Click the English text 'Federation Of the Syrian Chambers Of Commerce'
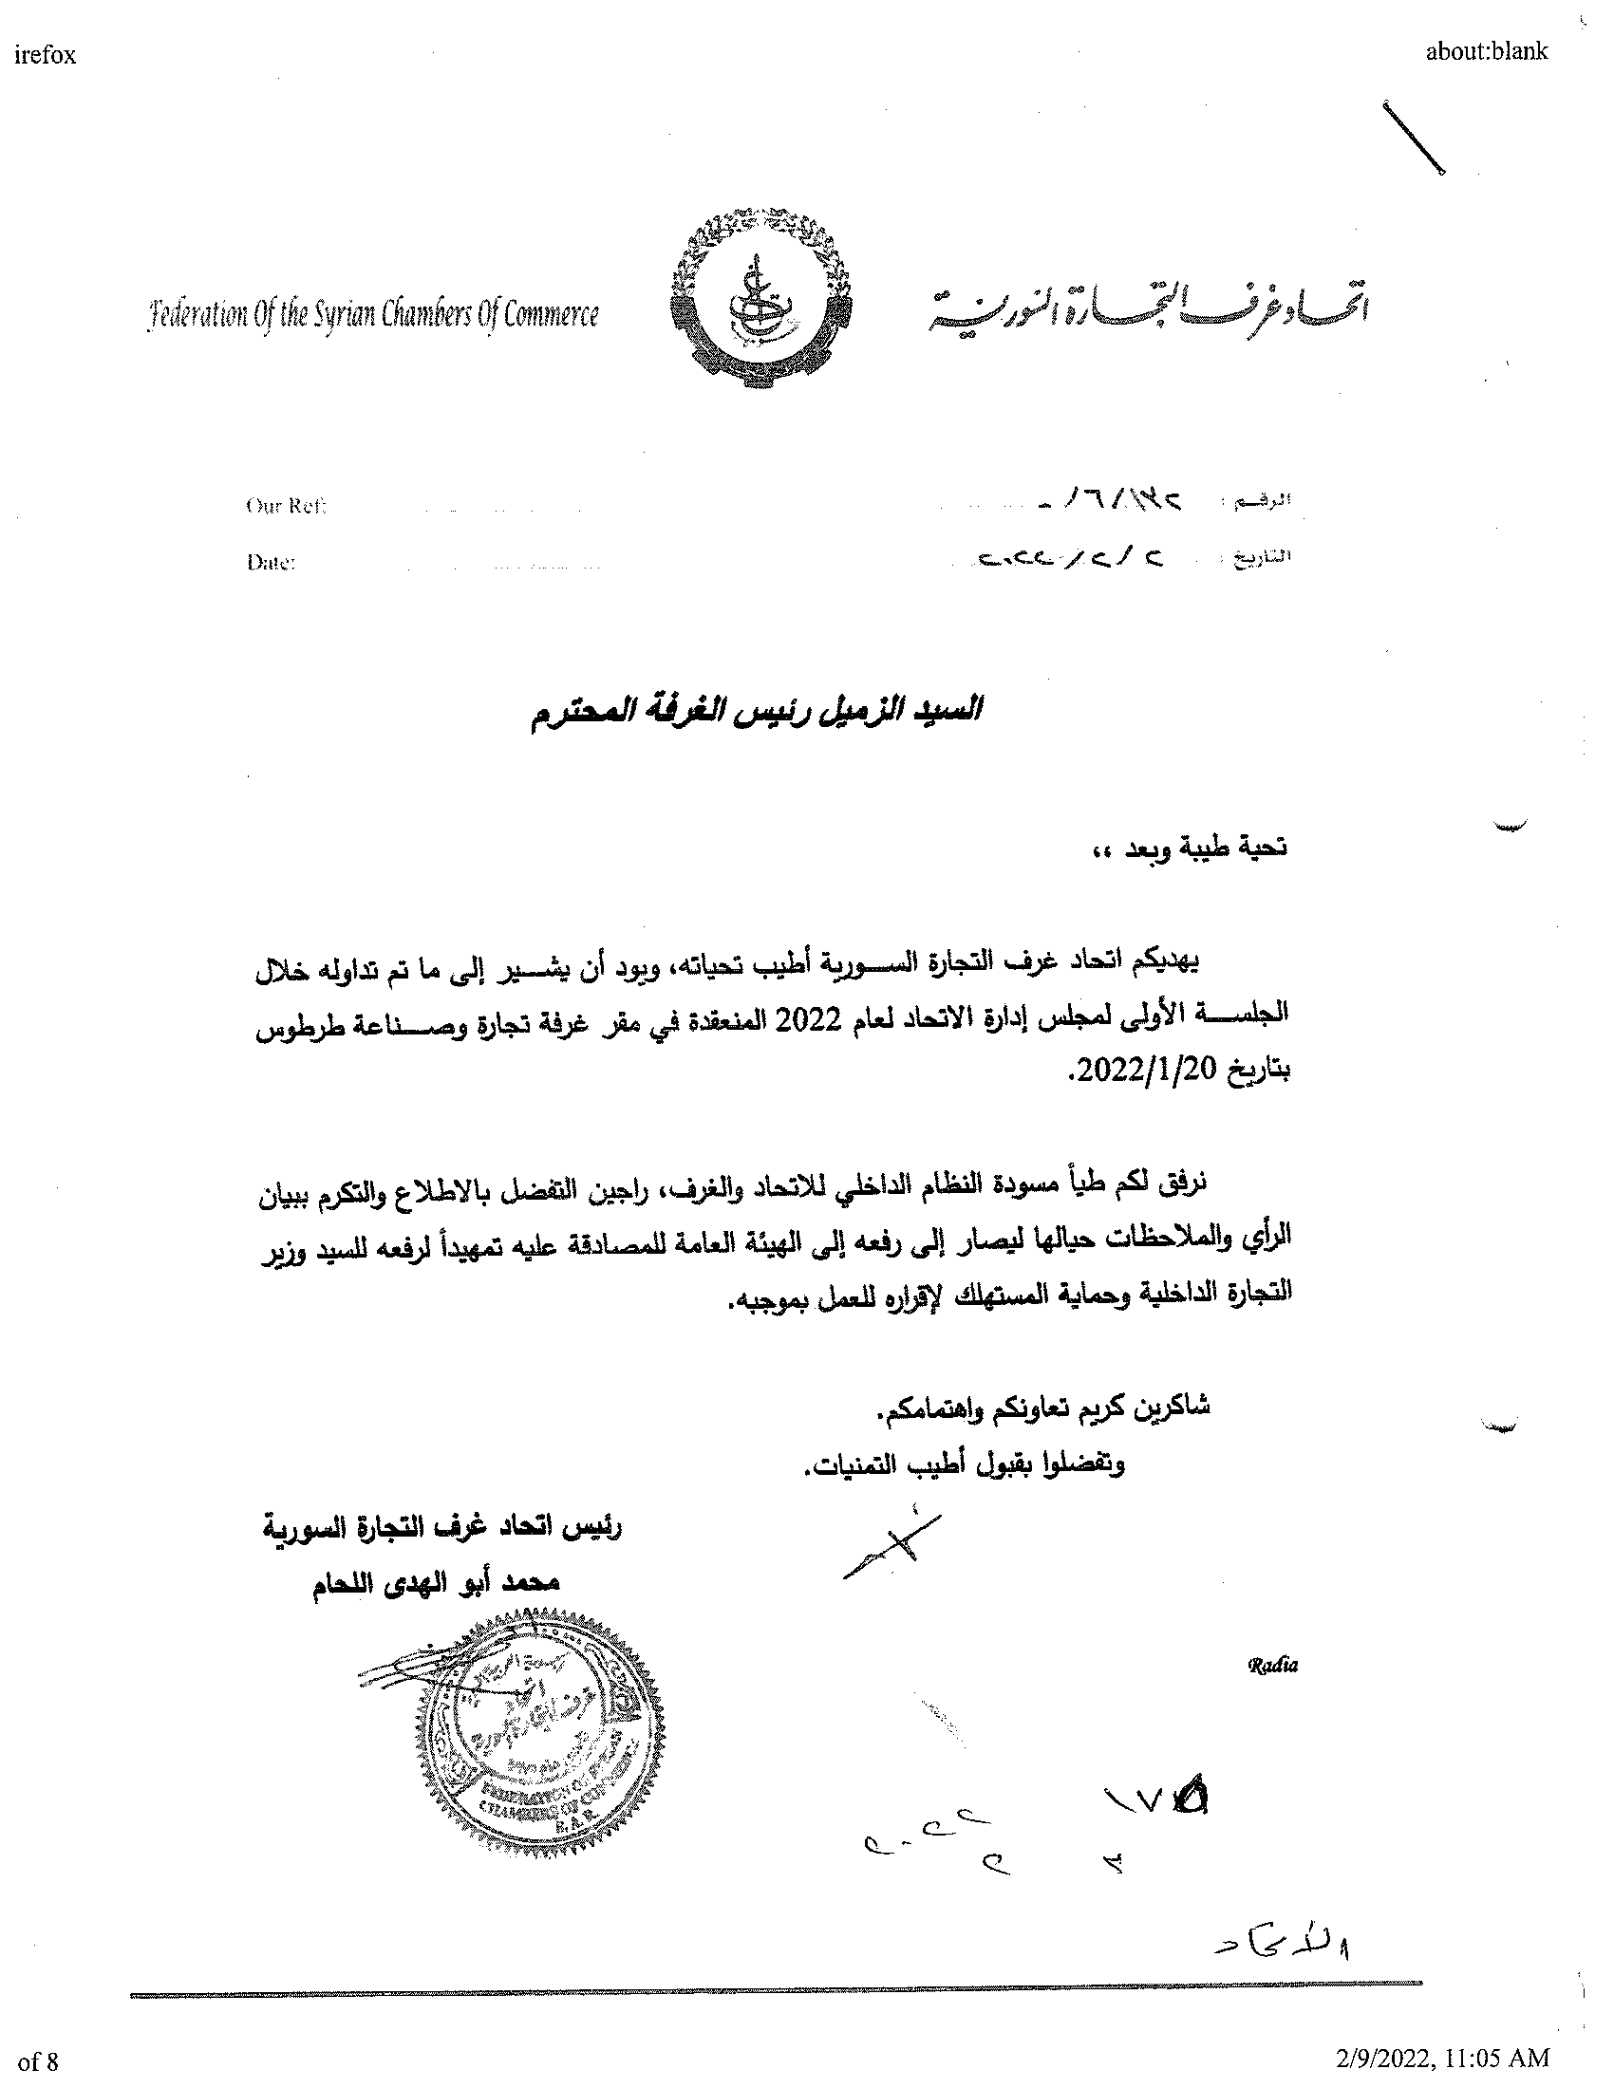pyautogui.click(x=374, y=314)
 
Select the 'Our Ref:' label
pyautogui.click(x=286, y=507)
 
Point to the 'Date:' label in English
pyautogui.click(x=271, y=563)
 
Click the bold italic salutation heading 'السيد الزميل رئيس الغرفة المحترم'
pyautogui.click(x=758, y=712)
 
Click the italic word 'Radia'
pyautogui.click(x=1272, y=1666)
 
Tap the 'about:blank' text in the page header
pyautogui.click(x=1486, y=50)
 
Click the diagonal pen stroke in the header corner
pyautogui.click(x=1414, y=138)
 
